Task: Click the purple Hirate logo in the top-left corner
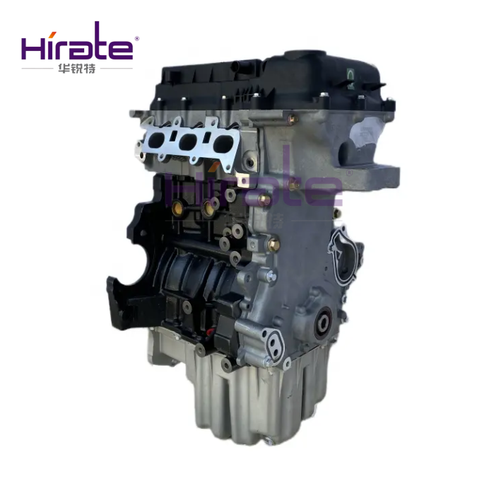click(77, 41)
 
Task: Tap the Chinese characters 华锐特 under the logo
click(77, 69)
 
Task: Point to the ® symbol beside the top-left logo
click(137, 39)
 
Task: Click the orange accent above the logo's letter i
click(53, 35)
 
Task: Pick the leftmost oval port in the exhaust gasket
click(157, 139)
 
